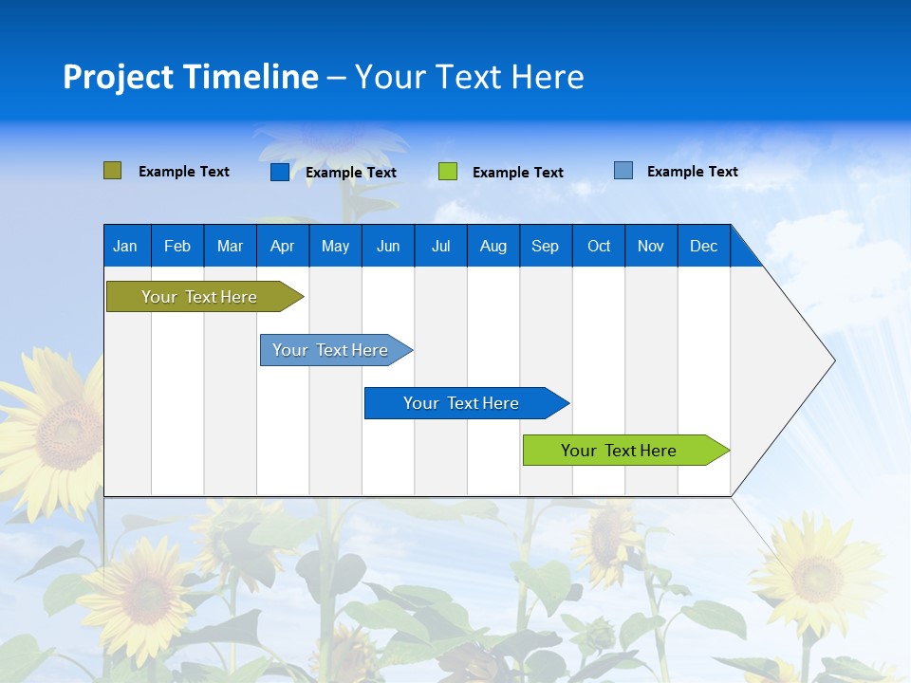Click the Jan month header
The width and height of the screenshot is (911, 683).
[125, 246]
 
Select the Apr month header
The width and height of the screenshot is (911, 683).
[282, 246]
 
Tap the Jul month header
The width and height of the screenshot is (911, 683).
[440, 246]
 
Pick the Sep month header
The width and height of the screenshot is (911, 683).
[545, 246]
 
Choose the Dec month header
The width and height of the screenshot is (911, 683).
[703, 246]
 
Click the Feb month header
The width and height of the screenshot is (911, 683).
[177, 246]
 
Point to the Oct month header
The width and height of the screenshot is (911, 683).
[599, 246]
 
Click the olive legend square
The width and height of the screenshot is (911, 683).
[113, 171]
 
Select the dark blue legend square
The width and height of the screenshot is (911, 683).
[280, 172]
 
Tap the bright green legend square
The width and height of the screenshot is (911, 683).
[448, 172]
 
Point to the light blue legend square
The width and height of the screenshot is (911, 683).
[623, 171]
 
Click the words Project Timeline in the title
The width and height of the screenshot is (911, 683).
[191, 77]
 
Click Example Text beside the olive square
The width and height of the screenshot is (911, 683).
[184, 172]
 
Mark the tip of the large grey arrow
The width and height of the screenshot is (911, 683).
[833, 360]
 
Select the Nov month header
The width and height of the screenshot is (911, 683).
[651, 246]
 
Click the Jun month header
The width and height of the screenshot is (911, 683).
[388, 246]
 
